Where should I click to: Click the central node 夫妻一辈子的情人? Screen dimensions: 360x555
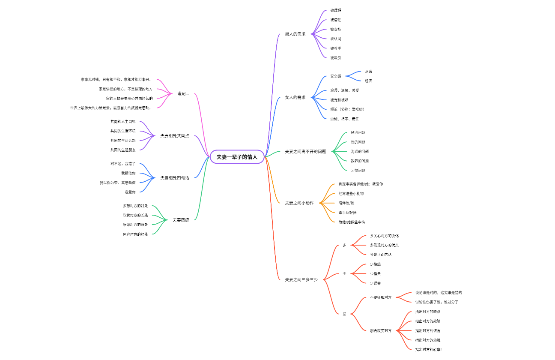point(237,157)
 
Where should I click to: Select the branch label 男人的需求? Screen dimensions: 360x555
point(295,34)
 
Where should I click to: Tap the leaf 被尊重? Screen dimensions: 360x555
point(335,48)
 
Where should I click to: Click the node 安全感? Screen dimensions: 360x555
point(335,76)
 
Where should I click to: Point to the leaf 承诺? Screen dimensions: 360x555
point(368,72)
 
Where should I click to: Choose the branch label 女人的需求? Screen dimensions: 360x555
point(295,97)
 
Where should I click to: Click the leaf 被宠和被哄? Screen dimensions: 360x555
point(339,100)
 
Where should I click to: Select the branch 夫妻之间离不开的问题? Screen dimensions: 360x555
point(305,151)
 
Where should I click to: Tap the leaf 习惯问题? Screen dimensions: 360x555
point(358,171)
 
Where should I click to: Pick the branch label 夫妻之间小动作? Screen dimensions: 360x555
point(299,203)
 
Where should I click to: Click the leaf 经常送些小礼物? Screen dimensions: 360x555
point(351,194)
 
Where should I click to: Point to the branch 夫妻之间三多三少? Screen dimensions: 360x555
point(301,279)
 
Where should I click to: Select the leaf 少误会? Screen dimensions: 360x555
point(375,283)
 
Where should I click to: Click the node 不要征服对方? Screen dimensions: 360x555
point(380,297)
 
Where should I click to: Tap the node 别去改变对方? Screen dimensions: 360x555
point(380,331)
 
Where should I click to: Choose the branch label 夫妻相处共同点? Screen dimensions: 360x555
point(174,136)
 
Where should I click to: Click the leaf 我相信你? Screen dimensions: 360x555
point(128,173)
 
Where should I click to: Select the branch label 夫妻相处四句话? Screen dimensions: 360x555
point(174,178)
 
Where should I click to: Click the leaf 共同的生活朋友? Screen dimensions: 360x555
point(123,150)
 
